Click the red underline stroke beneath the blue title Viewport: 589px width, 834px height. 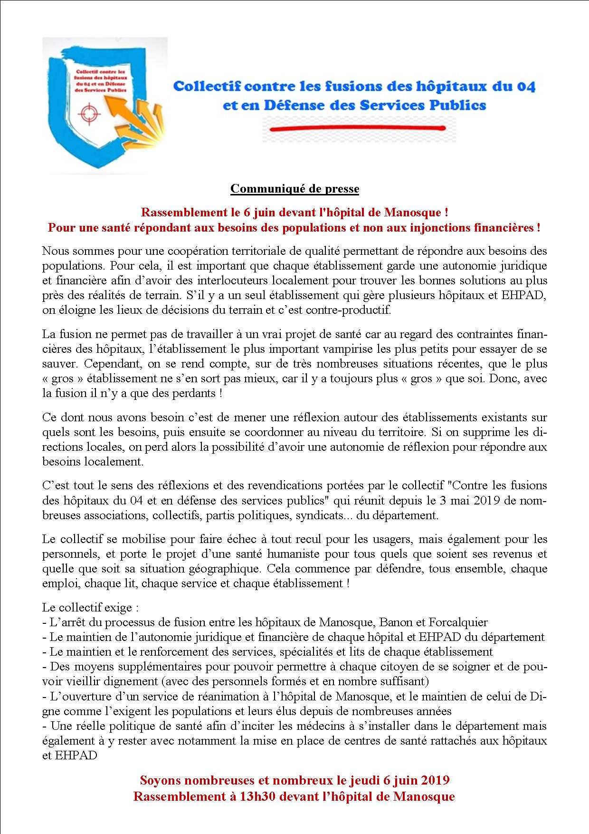357,128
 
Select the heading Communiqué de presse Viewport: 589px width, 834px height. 294,189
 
